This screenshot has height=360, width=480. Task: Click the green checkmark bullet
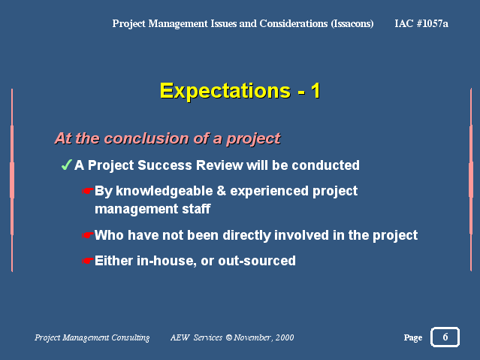point(66,165)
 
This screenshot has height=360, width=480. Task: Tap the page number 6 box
point(445,337)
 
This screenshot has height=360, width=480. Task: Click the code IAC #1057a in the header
point(421,23)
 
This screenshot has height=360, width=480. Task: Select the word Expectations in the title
point(225,91)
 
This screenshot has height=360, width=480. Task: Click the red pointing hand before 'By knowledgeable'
point(88,191)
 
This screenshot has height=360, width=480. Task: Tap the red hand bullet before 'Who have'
point(88,235)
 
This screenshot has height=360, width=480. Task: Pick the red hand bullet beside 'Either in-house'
point(88,261)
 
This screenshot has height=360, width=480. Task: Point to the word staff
point(196,209)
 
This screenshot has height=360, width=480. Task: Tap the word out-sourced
point(257,261)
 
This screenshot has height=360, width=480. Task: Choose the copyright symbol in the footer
point(228,337)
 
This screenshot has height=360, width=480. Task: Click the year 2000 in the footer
point(285,337)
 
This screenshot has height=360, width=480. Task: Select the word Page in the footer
point(413,337)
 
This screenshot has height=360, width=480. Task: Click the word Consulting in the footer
point(131,337)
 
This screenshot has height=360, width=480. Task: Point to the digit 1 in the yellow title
point(315,91)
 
